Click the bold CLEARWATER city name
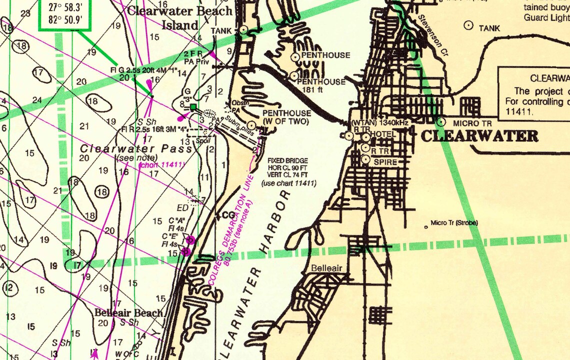pos(479,136)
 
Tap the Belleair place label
pos(326,268)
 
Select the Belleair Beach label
pos(129,313)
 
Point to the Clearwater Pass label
pos(136,148)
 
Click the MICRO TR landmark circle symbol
pos(441,121)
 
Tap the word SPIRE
pos(385,162)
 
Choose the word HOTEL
pos(384,134)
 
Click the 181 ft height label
pos(314,90)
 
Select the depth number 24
pos(36,100)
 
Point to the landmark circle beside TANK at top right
pos(468,24)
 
